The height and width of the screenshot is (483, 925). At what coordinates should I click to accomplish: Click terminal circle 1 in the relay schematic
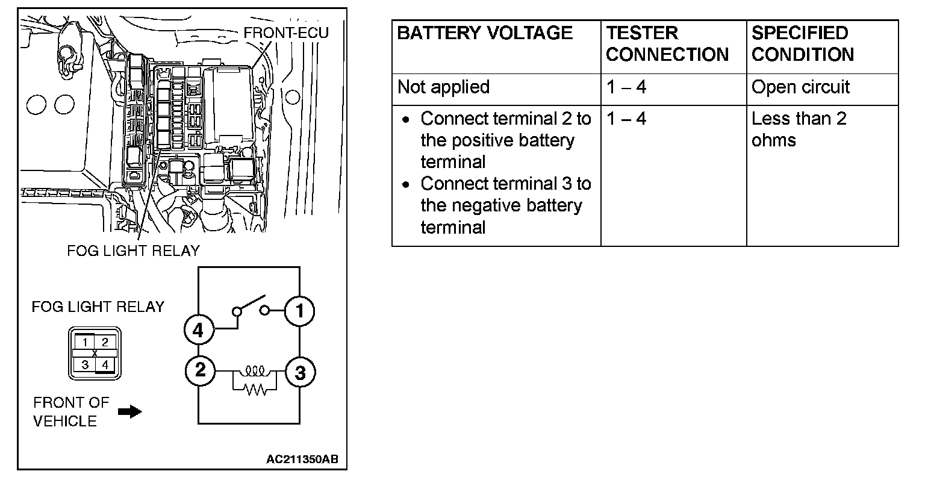click(x=300, y=311)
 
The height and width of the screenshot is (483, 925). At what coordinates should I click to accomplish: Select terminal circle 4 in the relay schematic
click(x=199, y=329)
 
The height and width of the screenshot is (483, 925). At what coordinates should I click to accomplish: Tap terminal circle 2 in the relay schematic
click(x=200, y=369)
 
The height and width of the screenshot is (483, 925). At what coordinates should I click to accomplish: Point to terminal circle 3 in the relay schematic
click(x=300, y=373)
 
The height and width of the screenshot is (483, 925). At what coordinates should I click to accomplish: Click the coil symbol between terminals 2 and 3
click(x=254, y=369)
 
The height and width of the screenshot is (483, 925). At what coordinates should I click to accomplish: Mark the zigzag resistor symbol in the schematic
click(x=254, y=390)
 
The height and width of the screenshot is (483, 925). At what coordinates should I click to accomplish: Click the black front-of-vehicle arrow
click(x=129, y=412)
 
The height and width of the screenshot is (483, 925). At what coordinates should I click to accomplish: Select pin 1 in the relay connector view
click(x=86, y=342)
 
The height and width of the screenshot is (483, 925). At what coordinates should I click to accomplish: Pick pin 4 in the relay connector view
click(x=105, y=364)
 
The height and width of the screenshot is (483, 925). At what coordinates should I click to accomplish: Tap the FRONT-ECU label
click(x=285, y=33)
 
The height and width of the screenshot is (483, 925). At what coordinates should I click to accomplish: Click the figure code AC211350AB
click(x=302, y=460)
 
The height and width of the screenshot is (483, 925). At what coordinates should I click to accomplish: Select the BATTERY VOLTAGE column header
click(x=485, y=33)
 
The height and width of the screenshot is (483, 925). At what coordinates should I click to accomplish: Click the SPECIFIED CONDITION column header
click(x=802, y=43)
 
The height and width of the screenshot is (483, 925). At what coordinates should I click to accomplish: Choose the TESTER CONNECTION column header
click(x=667, y=43)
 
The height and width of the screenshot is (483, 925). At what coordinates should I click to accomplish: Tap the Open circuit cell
click(x=800, y=87)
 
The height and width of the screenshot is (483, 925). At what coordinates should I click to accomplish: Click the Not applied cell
click(x=443, y=87)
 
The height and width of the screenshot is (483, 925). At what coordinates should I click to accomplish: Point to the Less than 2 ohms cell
click(x=799, y=129)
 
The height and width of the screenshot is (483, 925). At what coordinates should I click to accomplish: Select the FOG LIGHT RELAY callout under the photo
click(x=132, y=250)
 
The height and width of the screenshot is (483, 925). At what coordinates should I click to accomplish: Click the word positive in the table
click(x=481, y=140)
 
